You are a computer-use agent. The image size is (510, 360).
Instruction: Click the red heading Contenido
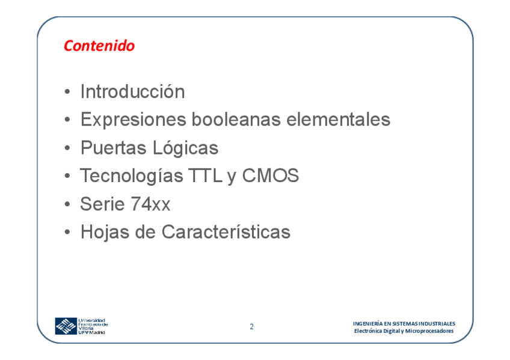click(x=99, y=46)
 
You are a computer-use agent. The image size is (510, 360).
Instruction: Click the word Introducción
click(x=133, y=91)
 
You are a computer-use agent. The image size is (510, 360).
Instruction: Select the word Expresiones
click(x=134, y=120)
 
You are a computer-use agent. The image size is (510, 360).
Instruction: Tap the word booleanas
click(x=236, y=119)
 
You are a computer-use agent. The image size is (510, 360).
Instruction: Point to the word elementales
click(x=338, y=119)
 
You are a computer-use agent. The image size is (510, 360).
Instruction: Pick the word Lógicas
click(x=185, y=148)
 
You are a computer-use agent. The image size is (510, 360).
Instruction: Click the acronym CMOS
click(x=270, y=175)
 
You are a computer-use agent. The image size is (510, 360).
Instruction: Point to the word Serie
click(x=102, y=204)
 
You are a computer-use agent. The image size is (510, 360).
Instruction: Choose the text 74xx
click(x=150, y=204)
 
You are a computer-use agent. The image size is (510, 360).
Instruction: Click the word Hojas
click(x=105, y=233)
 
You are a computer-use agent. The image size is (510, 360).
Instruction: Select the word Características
click(x=226, y=232)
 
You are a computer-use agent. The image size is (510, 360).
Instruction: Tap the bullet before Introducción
click(x=67, y=92)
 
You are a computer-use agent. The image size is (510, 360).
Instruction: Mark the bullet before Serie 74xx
click(x=67, y=205)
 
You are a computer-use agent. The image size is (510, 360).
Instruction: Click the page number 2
click(x=251, y=326)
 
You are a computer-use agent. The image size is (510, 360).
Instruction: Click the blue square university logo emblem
click(x=66, y=326)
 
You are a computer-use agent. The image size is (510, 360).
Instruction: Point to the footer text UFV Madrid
click(x=92, y=332)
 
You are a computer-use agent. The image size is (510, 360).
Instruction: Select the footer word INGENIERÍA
click(x=368, y=323)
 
